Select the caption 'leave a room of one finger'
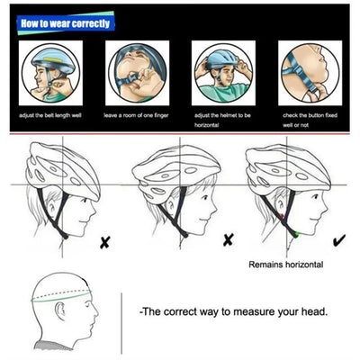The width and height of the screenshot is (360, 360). [x=138, y=115]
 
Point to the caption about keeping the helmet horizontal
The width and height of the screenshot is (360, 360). [x=223, y=119]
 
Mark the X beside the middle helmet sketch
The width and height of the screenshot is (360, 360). [x=228, y=239]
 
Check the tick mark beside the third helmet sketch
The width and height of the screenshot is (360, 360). [x=337, y=239]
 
